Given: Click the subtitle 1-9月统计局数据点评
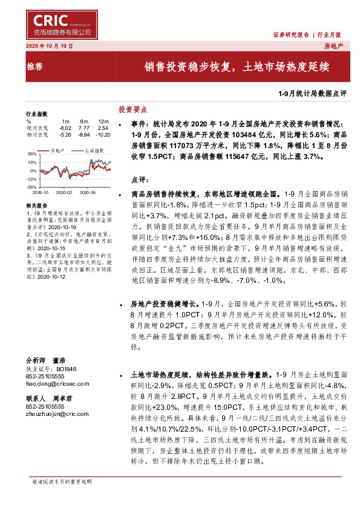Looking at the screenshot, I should click(x=312, y=94).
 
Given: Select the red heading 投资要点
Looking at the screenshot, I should click(x=133, y=109).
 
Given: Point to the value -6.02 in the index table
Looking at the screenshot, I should click(x=65, y=128).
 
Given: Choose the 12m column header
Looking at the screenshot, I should click(x=102, y=122).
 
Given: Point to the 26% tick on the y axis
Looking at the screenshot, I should click(x=32, y=154).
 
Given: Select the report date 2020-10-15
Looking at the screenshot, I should click(x=53, y=248).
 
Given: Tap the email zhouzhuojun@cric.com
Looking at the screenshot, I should click(x=55, y=413).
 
